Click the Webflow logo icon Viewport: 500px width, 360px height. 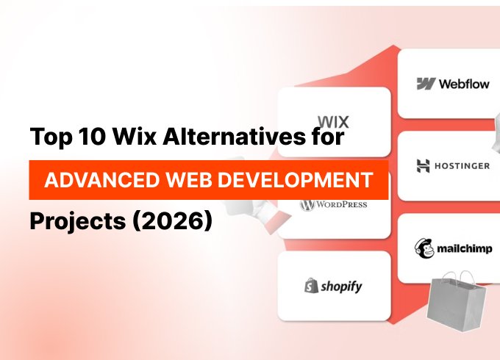pos(425,84)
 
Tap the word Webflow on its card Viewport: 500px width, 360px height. pos(464,84)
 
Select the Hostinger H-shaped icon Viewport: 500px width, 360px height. pos(424,165)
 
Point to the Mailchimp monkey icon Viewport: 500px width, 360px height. pos(425,248)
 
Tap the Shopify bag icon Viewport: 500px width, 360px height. pos(310,286)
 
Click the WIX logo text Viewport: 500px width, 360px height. pos(333,122)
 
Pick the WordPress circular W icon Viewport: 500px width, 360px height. pos(307,204)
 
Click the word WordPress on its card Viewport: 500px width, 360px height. pos(341,204)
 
